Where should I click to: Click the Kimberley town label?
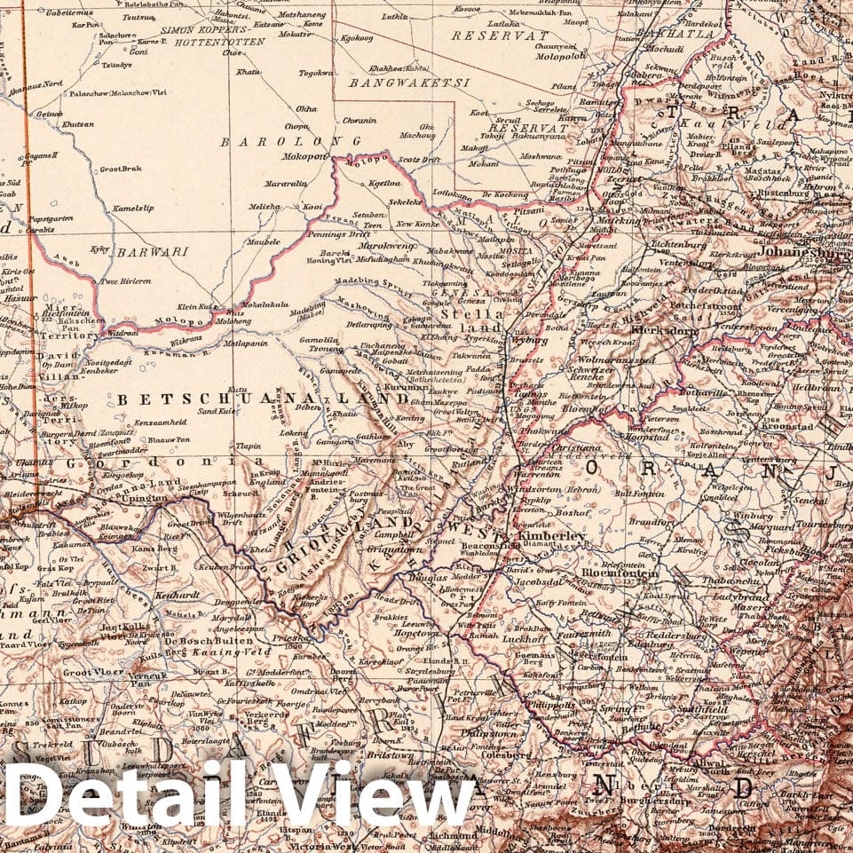(551, 536)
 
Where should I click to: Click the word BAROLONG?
(290, 141)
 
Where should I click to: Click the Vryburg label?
(530, 340)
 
